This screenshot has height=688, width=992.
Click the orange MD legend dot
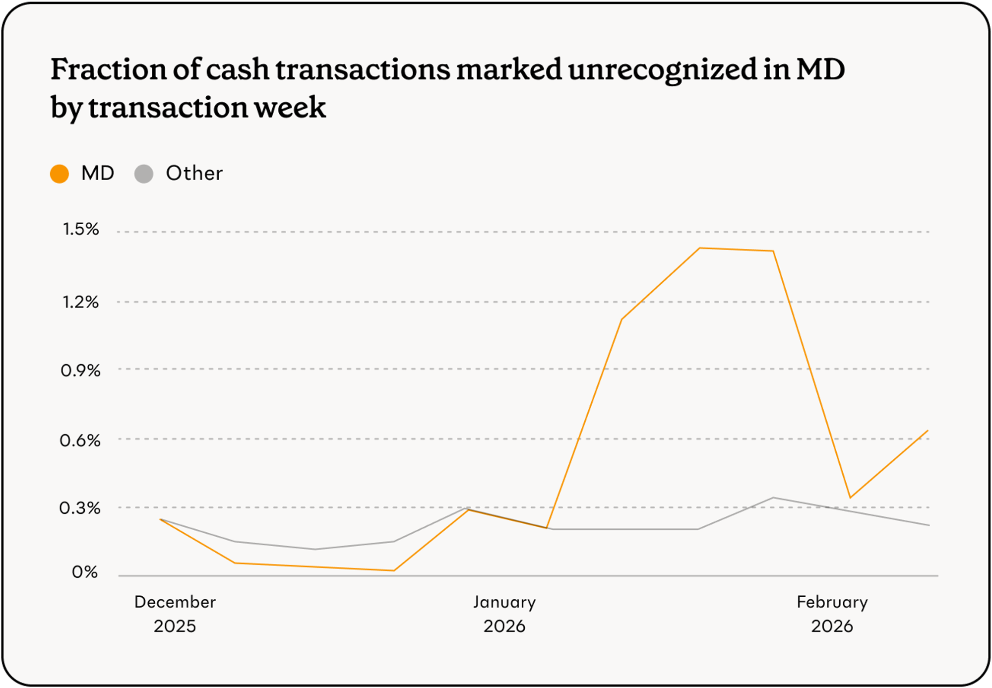60,174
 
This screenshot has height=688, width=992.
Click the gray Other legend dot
144,174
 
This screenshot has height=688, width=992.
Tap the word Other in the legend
194,174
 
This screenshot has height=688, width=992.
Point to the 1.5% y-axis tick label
81,229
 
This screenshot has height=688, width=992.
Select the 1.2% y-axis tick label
81,302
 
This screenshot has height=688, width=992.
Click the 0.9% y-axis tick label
81,371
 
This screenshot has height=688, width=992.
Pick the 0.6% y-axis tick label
80,440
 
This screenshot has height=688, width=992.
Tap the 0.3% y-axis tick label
80,508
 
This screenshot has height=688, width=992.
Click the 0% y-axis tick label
85,572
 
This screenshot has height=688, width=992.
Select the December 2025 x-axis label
175,614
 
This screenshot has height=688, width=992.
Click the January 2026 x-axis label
504,614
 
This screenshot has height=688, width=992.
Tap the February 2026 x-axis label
832,614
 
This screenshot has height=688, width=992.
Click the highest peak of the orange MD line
699,248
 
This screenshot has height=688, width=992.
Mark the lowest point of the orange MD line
394,570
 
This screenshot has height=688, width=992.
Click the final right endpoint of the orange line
928,431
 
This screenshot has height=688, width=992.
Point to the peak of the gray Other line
773,498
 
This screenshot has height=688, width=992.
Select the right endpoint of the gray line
929,525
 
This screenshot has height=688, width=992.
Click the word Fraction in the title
109,69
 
